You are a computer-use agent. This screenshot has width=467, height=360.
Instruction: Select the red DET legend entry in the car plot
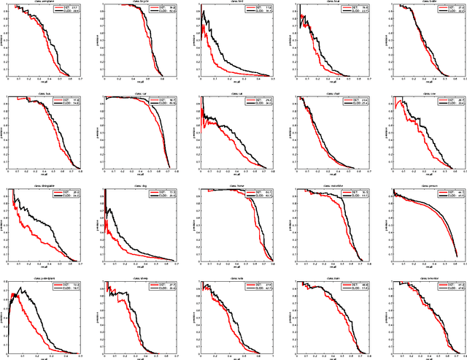pos(157,100)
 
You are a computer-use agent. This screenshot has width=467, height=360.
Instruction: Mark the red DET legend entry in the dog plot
pos(157,192)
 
